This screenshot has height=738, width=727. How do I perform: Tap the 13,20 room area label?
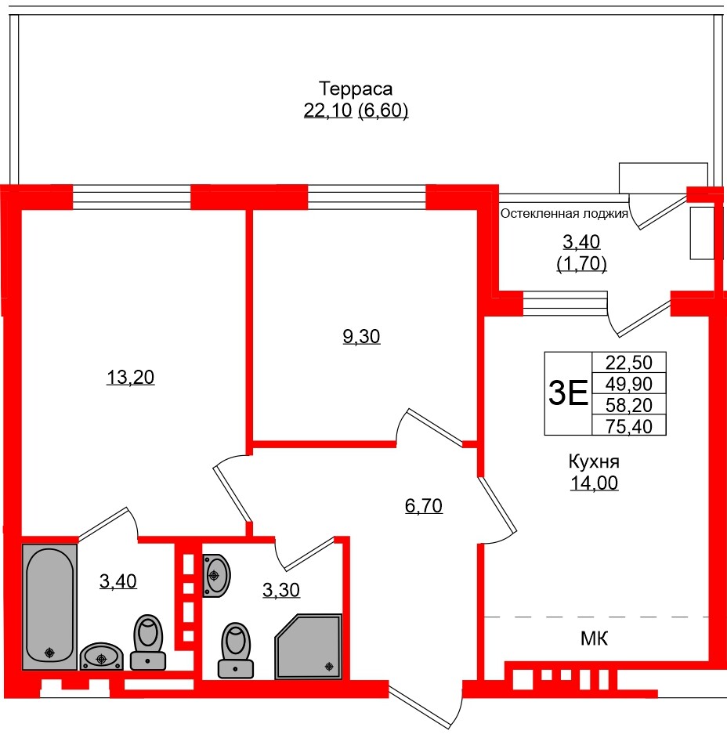tap(131, 378)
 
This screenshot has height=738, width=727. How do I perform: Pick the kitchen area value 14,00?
tap(594, 483)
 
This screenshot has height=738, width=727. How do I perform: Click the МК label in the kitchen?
tap(594, 639)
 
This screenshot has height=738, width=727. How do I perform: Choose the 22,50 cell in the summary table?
tap(629, 363)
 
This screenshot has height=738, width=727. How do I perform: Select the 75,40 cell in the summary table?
tap(629, 425)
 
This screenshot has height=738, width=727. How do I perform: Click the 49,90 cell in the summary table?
tap(629, 384)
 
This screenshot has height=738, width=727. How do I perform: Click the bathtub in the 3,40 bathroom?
tap(50, 606)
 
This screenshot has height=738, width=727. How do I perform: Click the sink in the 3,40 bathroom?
tap(102, 657)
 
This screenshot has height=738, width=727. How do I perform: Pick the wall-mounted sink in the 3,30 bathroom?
tap(215, 574)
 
